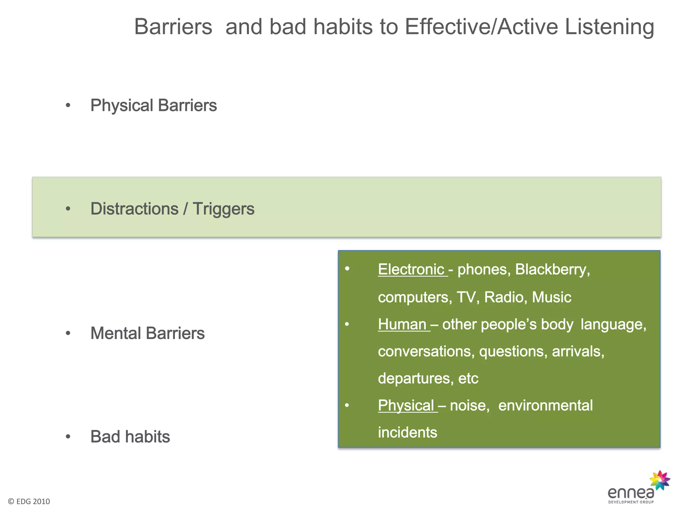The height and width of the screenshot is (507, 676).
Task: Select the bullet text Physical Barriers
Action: coord(153,106)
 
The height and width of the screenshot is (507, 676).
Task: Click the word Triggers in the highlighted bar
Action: coord(223,209)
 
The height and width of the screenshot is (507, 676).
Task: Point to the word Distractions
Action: coord(134,209)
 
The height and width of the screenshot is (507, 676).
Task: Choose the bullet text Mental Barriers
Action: coord(148,333)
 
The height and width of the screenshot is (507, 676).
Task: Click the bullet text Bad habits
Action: coord(130,437)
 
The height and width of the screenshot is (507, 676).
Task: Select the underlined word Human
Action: coord(402,324)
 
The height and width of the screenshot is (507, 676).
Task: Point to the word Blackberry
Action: coord(552,270)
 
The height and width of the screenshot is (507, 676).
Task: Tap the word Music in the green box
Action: coord(551,297)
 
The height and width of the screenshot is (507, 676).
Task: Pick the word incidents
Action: coord(407,433)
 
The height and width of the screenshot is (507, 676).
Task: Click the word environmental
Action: coord(545,406)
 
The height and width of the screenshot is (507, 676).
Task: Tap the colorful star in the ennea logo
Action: coord(659,480)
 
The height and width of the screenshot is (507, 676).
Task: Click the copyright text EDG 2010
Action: coord(29,501)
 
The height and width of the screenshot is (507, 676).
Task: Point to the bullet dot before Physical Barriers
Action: coord(68,106)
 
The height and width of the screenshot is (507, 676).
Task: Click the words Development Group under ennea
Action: coord(631,502)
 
